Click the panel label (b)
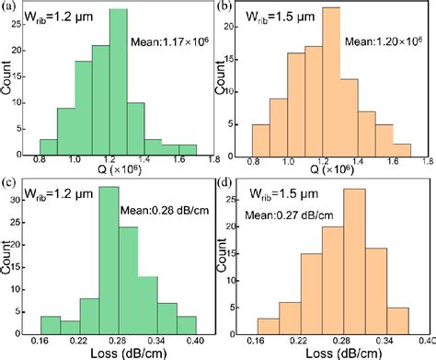click(x=226, y=7)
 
